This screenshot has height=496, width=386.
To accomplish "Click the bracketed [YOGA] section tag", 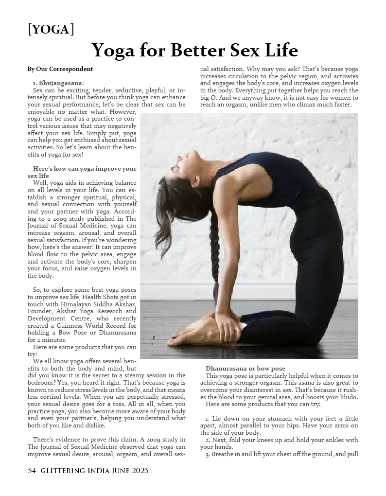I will point(51,30).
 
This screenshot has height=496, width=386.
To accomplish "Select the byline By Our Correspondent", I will point(60,69).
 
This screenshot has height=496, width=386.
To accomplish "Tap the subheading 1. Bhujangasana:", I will point(58,83).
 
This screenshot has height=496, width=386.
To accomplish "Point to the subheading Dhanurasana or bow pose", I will point(245,369).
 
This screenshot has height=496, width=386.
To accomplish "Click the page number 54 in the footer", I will point(32,471).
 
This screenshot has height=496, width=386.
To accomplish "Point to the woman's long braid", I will point(214,253).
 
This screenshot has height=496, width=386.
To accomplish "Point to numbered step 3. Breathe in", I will point(281,454).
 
